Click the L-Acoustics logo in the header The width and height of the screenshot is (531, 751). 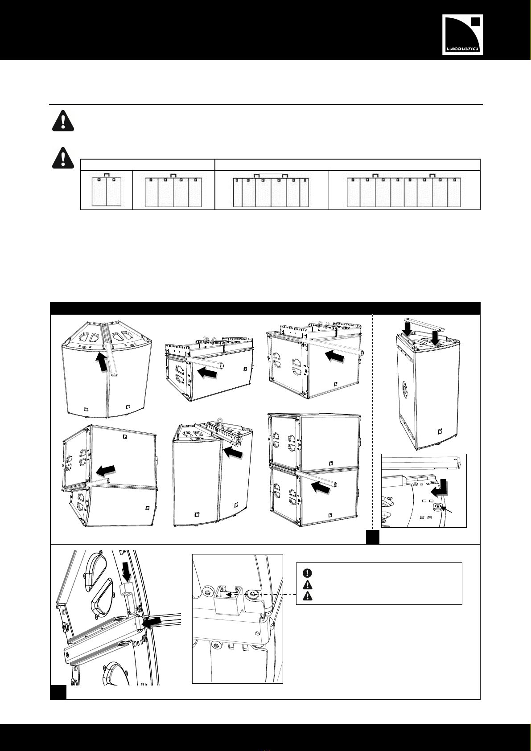(463, 34)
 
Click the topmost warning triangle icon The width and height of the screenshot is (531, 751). (63, 122)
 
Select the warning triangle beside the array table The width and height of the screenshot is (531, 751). (63, 158)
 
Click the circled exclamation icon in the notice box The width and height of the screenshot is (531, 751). (308, 572)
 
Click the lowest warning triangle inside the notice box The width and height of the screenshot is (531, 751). (308, 596)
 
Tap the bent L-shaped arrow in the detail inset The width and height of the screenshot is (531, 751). (440, 490)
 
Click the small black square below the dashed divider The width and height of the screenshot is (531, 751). (372, 537)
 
